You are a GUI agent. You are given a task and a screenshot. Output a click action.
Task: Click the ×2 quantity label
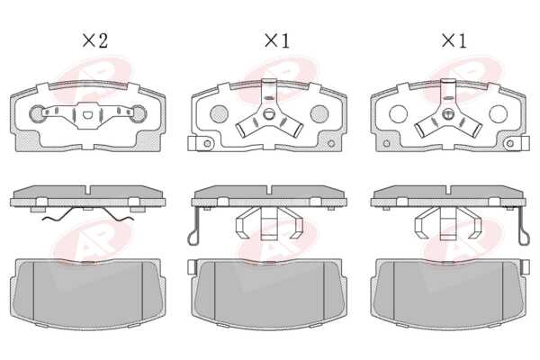[95, 40]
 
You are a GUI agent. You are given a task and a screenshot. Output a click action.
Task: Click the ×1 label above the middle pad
[277, 40]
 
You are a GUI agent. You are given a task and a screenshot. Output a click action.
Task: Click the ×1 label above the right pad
[454, 40]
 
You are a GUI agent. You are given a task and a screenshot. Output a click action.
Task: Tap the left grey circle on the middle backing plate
[219, 113]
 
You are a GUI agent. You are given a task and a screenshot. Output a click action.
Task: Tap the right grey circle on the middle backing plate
[319, 113]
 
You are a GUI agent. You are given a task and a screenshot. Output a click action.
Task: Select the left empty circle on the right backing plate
[398, 113]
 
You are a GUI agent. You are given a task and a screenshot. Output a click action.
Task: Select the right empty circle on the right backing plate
[498, 113]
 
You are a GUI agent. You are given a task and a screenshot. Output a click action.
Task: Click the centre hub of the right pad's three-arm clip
[448, 114]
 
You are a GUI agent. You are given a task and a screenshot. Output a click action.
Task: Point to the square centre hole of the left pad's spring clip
[88, 115]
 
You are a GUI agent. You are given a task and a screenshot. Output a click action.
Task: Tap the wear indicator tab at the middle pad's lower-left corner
[192, 143]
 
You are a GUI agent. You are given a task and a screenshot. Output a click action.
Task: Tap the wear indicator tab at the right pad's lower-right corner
[526, 143]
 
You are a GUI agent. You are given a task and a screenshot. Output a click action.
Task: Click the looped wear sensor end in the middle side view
[193, 238]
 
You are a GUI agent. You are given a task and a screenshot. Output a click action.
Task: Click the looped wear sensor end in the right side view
[524, 238]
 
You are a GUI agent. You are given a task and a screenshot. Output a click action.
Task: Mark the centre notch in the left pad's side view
[89, 190]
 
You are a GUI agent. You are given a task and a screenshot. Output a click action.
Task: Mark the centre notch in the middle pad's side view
[269, 190]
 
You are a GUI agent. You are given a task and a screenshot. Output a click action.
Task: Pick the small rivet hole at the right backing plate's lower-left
[386, 143]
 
